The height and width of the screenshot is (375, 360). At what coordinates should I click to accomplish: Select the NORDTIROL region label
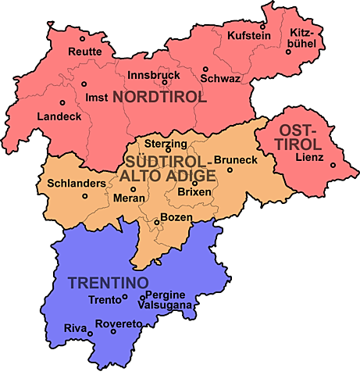(159, 98)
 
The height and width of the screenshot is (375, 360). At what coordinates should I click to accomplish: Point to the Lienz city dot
(333, 165)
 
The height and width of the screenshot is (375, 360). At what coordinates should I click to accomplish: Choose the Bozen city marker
(156, 223)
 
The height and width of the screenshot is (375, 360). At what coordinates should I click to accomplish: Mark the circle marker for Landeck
(62, 103)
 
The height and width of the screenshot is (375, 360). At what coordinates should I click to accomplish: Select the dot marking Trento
(125, 298)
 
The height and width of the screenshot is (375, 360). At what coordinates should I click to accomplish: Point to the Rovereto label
(117, 323)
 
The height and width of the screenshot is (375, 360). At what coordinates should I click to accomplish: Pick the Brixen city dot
(194, 183)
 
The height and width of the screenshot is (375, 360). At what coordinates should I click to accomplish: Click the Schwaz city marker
(205, 69)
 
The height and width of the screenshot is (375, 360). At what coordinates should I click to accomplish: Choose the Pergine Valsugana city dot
(142, 297)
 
